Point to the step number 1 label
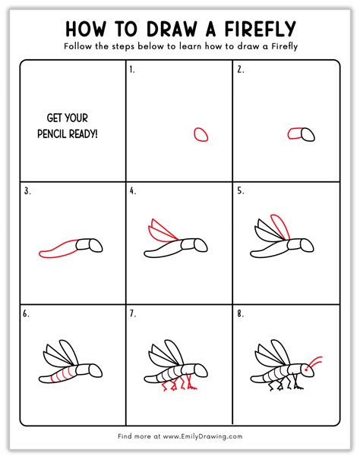tap(132, 69)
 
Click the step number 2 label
tap(239, 69)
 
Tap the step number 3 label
tap(27, 191)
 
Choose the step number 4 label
tap(132, 191)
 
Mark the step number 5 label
tap(239, 191)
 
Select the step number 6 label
tap(27, 313)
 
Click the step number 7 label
tap(132, 313)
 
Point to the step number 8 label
tap(239, 313)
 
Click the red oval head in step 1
tap(201, 134)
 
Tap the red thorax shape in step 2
tap(295, 134)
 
